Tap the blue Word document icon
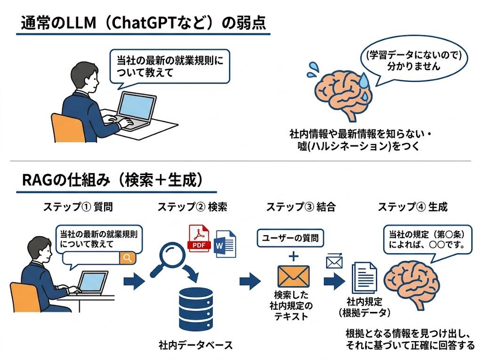click(225, 243)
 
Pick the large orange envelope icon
click(293, 276)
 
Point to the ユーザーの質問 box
click(290, 238)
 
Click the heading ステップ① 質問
click(78, 207)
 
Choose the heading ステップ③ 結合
click(301, 207)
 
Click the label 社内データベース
click(195, 345)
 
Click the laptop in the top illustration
click(133, 111)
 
